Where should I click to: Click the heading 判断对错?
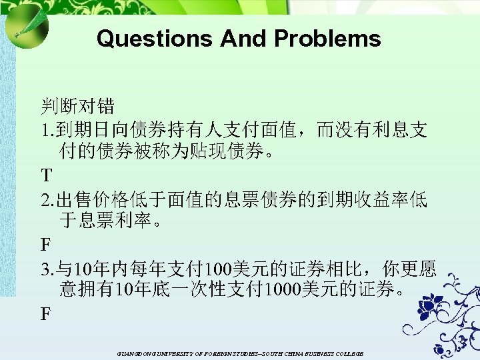[77, 106]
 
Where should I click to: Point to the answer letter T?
[46, 176]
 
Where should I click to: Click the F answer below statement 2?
[45, 245]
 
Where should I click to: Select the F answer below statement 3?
[45, 313]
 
